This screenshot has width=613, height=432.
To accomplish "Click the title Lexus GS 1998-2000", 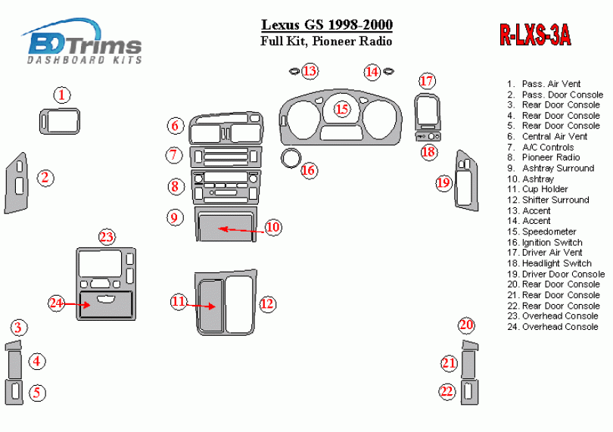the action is pyautogui.click(x=327, y=25).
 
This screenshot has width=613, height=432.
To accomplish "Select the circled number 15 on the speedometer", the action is pyautogui.click(x=342, y=109).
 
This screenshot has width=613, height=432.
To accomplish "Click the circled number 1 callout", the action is pyautogui.click(x=62, y=95).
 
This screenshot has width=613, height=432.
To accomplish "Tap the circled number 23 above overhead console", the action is pyautogui.click(x=107, y=237).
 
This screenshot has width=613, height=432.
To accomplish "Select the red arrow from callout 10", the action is pyautogui.click(x=241, y=230).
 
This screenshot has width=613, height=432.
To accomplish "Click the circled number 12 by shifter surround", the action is pyautogui.click(x=267, y=304).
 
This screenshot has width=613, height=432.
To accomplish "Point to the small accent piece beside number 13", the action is pyautogui.click(x=294, y=71).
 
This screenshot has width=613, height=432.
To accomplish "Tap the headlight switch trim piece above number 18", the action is pyautogui.click(x=428, y=136).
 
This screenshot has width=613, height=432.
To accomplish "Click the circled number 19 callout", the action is pyautogui.click(x=443, y=183).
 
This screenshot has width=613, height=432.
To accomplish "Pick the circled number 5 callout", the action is pyautogui.click(x=37, y=393).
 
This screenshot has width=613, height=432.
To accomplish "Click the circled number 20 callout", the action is pyautogui.click(x=466, y=325).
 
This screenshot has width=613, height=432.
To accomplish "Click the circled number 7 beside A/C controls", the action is pyautogui.click(x=174, y=155).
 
